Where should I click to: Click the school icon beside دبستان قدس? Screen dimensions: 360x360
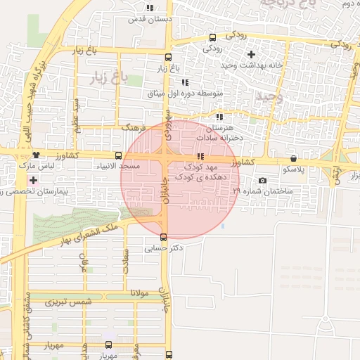149,8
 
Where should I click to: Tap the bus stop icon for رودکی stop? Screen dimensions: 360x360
213,37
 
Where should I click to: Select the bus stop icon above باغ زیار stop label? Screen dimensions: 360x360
167,58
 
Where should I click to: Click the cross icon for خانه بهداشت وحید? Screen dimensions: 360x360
251,54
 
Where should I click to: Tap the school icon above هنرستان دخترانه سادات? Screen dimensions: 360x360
219,117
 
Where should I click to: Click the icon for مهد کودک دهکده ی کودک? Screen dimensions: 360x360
200,156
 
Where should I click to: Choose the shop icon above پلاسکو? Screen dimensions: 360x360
293,159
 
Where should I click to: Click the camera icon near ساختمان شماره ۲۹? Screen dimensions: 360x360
263,181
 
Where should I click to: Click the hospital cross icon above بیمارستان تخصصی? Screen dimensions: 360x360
33,181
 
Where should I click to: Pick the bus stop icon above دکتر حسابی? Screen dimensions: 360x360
164,237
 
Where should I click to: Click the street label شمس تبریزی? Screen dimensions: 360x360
69,302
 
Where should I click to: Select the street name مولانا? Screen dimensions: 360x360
139,293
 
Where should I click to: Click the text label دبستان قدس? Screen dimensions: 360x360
149,19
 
